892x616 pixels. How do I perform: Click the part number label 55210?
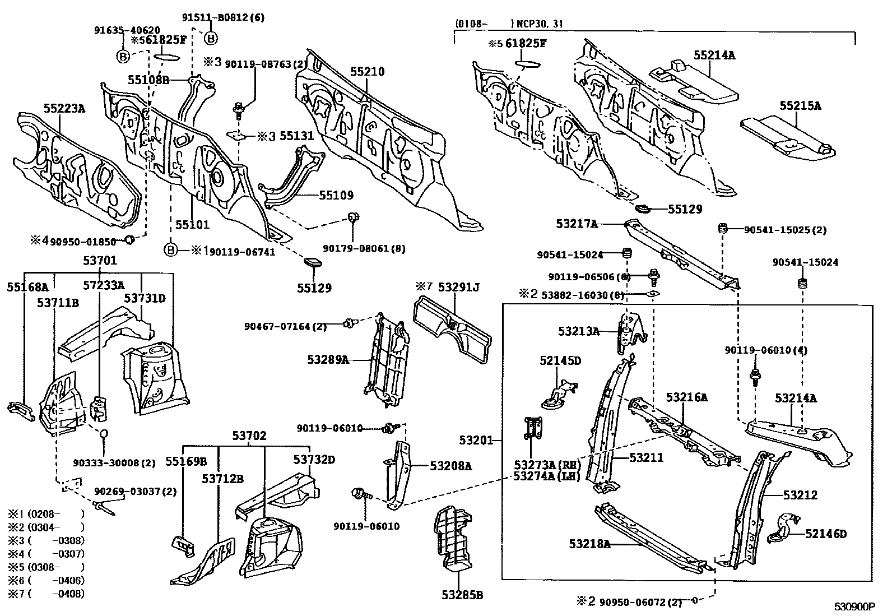click(368, 72)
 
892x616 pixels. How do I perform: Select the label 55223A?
click(64, 108)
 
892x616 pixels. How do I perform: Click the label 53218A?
click(589, 543)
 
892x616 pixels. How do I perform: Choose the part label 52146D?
click(826, 534)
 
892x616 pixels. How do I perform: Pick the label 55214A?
click(714, 55)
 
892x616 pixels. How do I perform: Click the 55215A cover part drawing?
click(787, 137)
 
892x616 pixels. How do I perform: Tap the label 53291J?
click(459, 288)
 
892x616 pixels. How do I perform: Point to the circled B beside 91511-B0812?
click(211, 38)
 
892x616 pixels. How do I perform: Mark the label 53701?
click(100, 261)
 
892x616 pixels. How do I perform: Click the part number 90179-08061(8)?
click(364, 248)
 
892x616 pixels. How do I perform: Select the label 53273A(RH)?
click(547, 465)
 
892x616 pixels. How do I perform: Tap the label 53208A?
click(451, 465)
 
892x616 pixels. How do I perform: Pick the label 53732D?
click(314, 460)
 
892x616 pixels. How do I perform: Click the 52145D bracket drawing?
click(559, 392)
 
